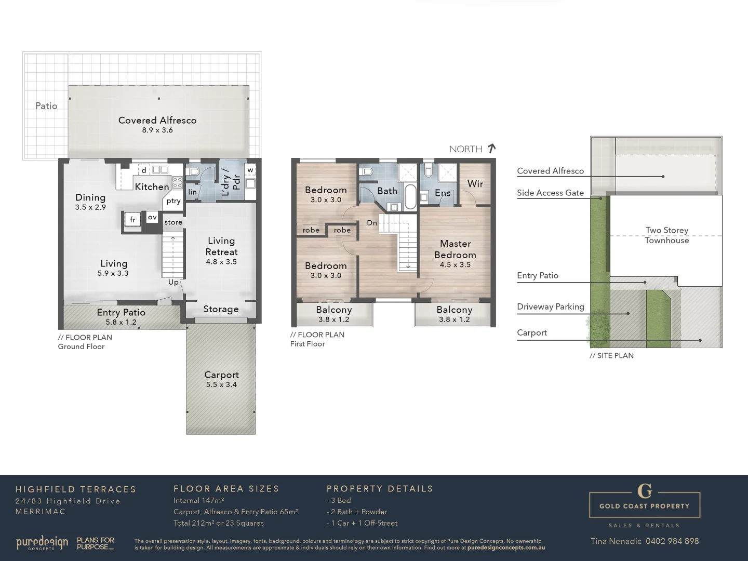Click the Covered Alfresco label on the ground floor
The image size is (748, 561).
click(157, 120)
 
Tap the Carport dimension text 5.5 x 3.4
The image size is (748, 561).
click(221, 385)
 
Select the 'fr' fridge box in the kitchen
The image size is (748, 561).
click(132, 220)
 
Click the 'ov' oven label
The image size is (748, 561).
click(152, 217)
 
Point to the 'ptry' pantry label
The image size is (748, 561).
click(173, 201)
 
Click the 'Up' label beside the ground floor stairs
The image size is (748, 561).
click(173, 282)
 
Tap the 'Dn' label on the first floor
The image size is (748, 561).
click(372, 223)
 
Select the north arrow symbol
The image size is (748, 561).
click(491, 149)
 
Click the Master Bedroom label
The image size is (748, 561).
click(455, 249)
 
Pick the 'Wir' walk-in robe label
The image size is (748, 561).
click(475, 184)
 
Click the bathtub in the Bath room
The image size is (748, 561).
click(410, 196)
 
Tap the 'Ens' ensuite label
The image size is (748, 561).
click(443, 193)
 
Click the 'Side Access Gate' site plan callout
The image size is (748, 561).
click(550, 193)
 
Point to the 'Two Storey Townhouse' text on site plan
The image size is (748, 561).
click(667, 235)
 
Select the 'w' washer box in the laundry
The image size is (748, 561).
click(250, 170)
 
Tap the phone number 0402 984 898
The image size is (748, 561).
click(672, 541)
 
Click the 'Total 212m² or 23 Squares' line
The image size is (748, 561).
click(219, 523)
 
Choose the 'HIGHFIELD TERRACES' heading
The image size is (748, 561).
click(76, 489)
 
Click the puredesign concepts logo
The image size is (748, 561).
click(42, 543)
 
